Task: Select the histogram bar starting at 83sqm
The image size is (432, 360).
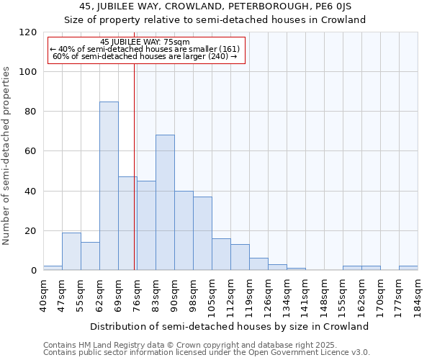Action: pos(165,202)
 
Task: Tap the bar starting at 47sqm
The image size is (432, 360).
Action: pos(71,251)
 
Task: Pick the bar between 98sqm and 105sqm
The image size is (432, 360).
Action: pos(202,233)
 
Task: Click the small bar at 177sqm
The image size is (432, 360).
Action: pos(408,268)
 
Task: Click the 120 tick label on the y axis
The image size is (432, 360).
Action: pos(28,32)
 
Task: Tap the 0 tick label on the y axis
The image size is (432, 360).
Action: pos(34,271)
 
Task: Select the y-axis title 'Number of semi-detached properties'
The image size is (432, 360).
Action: pos(7,156)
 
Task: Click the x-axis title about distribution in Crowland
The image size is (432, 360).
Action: pos(230,326)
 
